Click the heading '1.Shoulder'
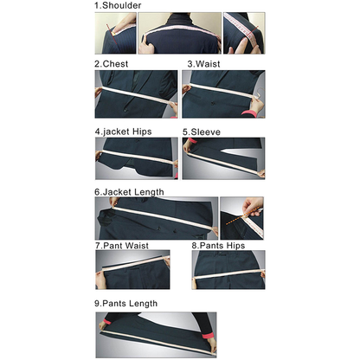(118, 5)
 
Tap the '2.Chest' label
(112, 64)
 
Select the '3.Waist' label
(203, 64)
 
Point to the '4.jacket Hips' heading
(123, 132)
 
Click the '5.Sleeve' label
(202, 132)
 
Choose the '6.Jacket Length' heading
(129, 192)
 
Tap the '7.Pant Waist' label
(122, 246)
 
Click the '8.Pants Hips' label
(218, 246)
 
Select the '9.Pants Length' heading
(125, 304)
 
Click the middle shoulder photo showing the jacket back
(179, 33)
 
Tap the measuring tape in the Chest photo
(137, 94)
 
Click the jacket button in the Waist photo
(213, 103)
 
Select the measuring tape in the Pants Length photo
(158, 343)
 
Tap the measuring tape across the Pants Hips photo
(228, 274)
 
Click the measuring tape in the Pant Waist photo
(134, 264)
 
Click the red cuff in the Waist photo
(249, 113)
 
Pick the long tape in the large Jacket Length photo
(164, 218)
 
